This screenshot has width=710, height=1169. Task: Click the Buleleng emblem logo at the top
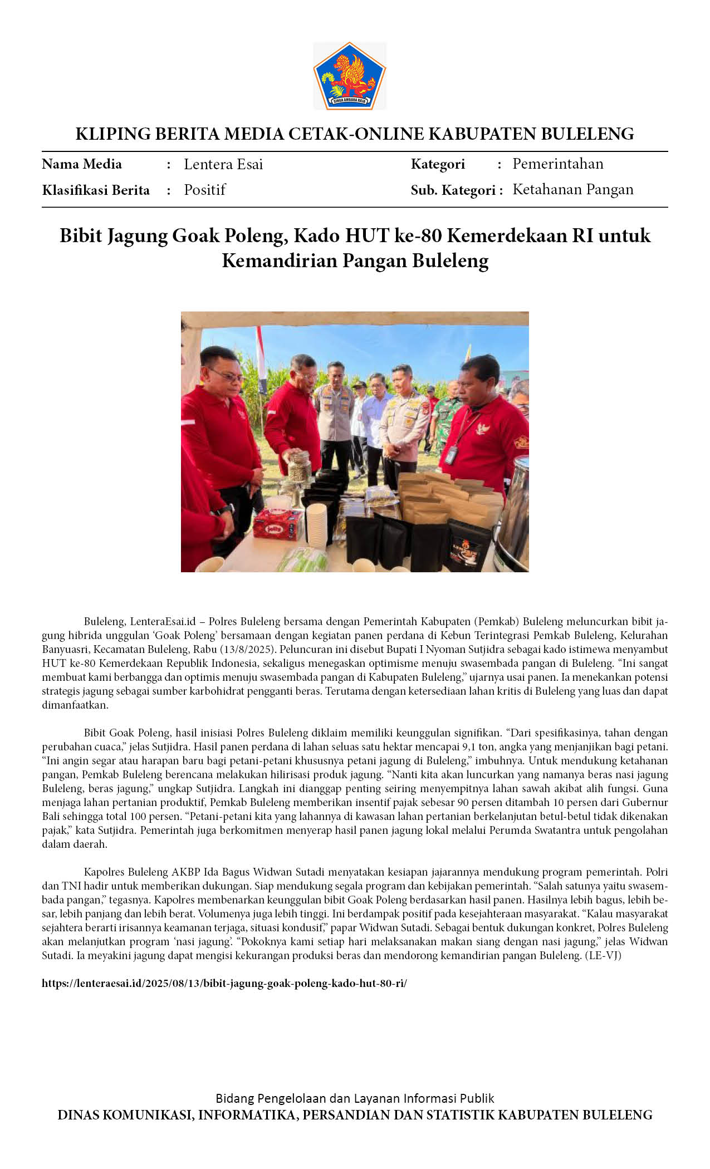pyautogui.click(x=350, y=76)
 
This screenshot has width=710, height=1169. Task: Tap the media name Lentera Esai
pyautogui.click(x=223, y=164)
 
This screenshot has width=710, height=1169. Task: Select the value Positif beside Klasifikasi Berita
pyautogui.click(x=204, y=190)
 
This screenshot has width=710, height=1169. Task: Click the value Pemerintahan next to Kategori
pyautogui.click(x=558, y=164)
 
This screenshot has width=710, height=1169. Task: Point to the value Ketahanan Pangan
pyautogui.click(x=573, y=189)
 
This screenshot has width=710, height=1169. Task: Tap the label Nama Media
pyautogui.click(x=82, y=164)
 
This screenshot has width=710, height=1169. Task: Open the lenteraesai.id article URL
pyautogui.click(x=224, y=983)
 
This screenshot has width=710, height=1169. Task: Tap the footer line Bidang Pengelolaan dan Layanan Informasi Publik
pyautogui.click(x=355, y=1098)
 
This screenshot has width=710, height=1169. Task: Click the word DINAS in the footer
pyautogui.click(x=78, y=1115)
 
